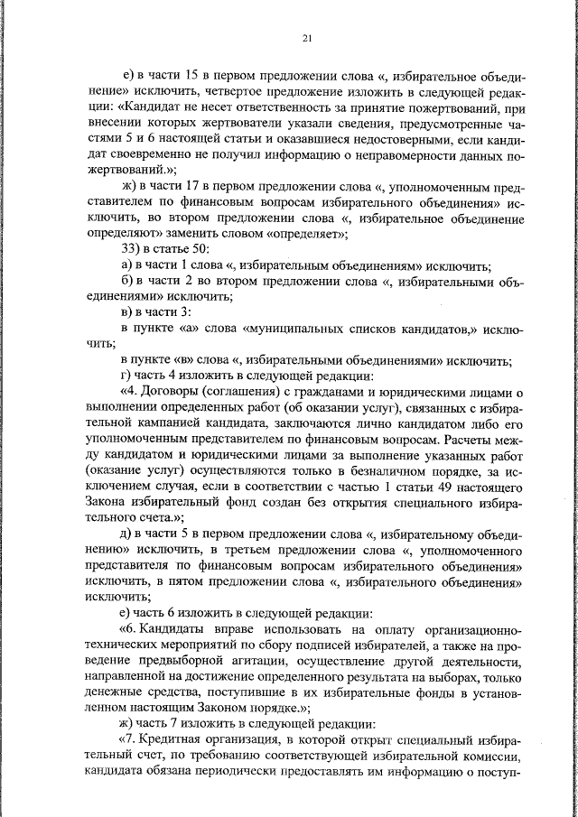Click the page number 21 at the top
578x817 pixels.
coord(307,37)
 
